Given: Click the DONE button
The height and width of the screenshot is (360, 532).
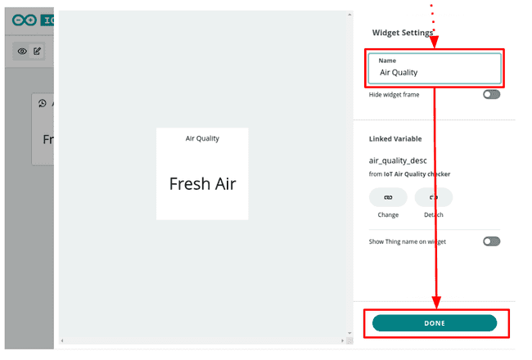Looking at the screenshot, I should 434,323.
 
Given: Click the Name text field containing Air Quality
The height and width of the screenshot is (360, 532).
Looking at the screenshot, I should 434,72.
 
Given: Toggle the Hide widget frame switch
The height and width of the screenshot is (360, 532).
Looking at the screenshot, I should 491,95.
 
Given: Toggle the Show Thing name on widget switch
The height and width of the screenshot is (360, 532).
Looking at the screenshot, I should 491,241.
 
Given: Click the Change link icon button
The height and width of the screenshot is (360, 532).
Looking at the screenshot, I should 388,197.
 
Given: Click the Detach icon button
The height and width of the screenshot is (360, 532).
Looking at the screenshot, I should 433,197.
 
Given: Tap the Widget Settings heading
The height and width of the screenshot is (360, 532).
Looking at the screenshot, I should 402,34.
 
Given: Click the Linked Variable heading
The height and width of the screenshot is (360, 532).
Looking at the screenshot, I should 395,139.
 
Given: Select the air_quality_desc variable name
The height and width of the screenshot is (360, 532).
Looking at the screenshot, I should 398,160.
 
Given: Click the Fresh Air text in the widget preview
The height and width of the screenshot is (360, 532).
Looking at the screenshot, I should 202,184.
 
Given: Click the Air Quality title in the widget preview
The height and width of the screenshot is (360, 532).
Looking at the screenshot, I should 202,138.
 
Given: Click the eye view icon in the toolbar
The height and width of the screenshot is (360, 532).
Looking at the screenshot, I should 22,51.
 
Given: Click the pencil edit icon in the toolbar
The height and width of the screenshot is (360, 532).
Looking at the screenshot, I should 37,51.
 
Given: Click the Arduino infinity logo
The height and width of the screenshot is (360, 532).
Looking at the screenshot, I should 25,20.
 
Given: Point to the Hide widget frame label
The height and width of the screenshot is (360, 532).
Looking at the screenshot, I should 394,95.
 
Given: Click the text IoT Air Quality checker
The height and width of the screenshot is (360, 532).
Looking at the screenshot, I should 417,174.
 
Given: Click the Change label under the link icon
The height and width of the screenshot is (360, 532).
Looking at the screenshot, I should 388,214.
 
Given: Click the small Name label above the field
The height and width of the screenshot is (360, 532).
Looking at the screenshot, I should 387,61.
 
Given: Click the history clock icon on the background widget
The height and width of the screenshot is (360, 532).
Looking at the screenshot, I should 43,104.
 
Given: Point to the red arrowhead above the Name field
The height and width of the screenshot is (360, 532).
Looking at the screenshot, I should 434,42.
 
